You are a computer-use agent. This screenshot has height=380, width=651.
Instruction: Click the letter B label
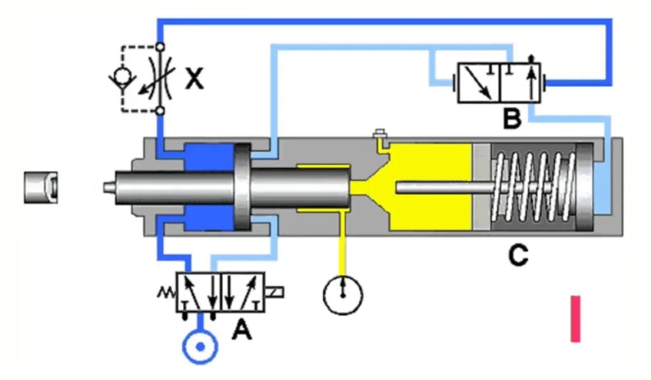(511, 118)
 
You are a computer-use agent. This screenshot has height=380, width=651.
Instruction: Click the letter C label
(518, 255)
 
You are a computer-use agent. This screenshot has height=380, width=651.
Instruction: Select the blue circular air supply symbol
(200, 348)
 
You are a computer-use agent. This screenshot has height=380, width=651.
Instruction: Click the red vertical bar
(575, 318)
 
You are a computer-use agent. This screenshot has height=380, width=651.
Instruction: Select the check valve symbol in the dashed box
(119, 78)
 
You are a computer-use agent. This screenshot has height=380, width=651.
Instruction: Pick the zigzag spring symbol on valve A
(165, 293)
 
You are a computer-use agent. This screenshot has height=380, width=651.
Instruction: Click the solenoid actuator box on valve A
(275, 292)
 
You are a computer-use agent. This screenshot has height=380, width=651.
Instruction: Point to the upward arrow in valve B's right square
(531, 80)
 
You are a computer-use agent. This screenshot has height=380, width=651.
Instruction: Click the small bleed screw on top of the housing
(380, 134)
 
